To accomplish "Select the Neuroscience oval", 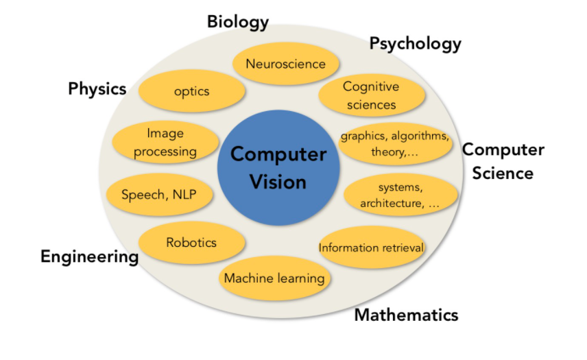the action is click(285, 64).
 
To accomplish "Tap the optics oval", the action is click(191, 91).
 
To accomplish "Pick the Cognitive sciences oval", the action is click(370, 96).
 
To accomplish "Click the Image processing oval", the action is click(165, 142).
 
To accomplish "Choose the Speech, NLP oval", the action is click(159, 195).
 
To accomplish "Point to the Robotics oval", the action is click(191, 243).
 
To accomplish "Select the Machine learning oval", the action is click(274, 278).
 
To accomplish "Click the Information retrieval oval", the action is click(372, 248).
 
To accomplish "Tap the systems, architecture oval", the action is click(400, 195).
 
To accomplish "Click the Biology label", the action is click(238, 22).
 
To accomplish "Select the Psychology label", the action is click(416, 44).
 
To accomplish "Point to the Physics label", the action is click(97, 88).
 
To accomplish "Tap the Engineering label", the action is click(89, 257).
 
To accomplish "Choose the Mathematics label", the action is click(406, 315).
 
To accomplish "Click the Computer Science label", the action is click(503, 161).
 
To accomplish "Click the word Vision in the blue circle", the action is click(278, 182).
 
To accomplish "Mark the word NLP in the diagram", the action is click(183, 195).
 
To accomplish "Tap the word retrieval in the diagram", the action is click(399, 248).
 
